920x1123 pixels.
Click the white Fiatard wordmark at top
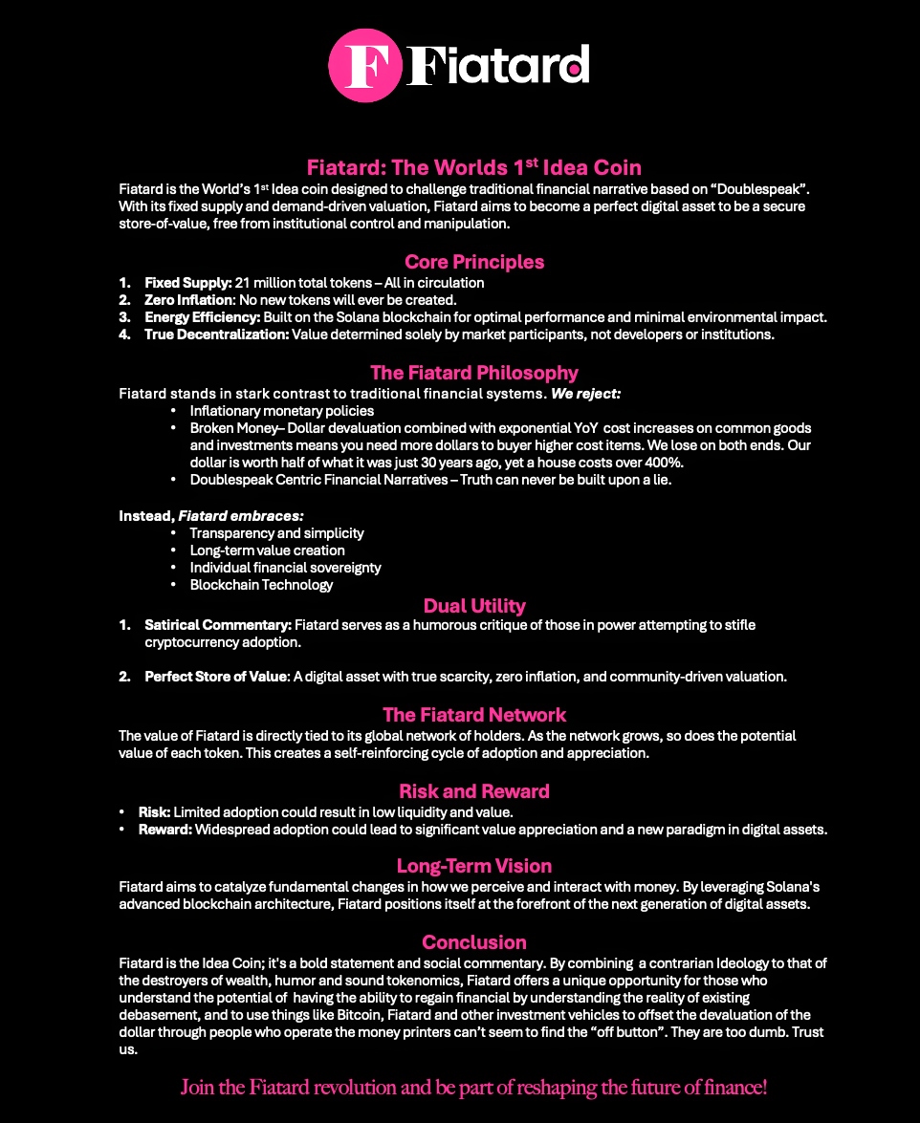click(x=497, y=66)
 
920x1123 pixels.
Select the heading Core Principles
click(x=474, y=262)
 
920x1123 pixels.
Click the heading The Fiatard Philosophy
click(x=474, y=373)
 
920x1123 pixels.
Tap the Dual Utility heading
click(x=474, y=605)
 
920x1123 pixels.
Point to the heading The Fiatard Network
click(x=474, y=715)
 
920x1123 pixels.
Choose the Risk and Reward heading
click(x=474, y=791)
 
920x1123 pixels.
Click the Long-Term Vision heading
click(x=474, y=866)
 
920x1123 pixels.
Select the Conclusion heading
click(x=474, y=942)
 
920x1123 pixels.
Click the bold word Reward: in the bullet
click(x=164, y=830)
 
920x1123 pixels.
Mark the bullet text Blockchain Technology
click(x=261, y=585)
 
